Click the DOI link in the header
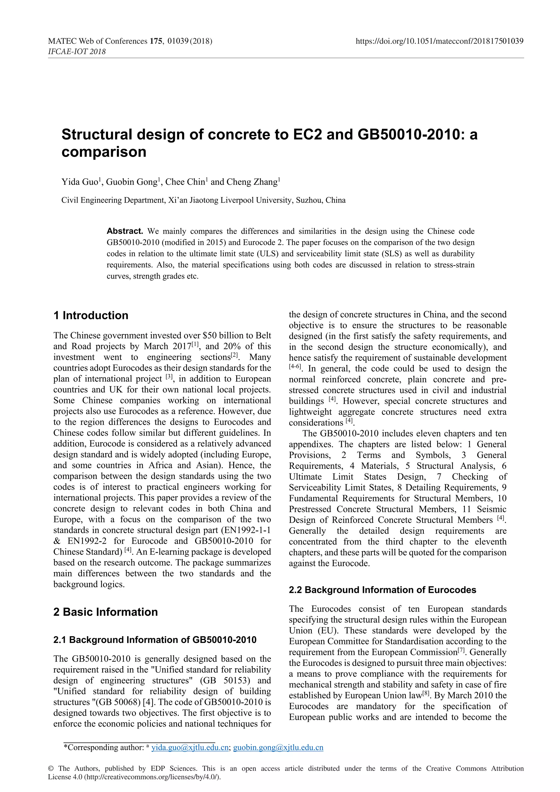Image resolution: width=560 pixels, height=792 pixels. point(439,41)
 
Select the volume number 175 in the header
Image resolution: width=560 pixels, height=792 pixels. point(156,41)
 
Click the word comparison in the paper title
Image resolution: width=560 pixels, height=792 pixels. point(104,152)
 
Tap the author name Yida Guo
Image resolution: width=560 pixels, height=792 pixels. point(80,182)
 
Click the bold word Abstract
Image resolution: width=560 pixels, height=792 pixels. point(125,231)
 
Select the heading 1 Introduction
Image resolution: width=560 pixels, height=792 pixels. point(91,315)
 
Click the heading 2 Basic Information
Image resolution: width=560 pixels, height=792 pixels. point(105,612)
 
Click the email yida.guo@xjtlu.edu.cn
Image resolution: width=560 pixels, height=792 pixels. point(190,747)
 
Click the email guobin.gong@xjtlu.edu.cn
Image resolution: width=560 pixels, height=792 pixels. point(278,747)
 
